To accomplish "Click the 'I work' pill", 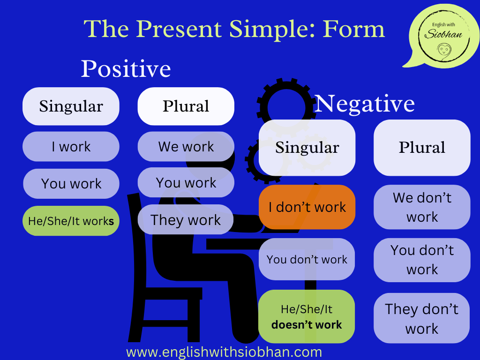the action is coord(71,147).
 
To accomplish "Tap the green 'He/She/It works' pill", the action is coord(71,221).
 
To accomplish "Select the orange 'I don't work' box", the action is coord(307,207).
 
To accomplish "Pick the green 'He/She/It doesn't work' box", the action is coord(307,316).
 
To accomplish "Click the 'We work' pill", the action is coord(186,147).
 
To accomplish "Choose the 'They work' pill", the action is coord(186,219).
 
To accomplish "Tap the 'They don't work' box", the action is coord(422,318).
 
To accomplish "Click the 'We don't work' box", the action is coord(422,207).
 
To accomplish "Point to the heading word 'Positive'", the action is coord(126,68).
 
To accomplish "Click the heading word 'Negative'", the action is coord(364,104).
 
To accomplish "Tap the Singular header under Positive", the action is coord(71,106).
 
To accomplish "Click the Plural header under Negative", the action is coord(422,148).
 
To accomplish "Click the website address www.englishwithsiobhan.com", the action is coord(224,352).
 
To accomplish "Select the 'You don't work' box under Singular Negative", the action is coord(307,259).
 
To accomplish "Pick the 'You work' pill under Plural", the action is coord(186,183).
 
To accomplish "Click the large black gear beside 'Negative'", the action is coord(286,107).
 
